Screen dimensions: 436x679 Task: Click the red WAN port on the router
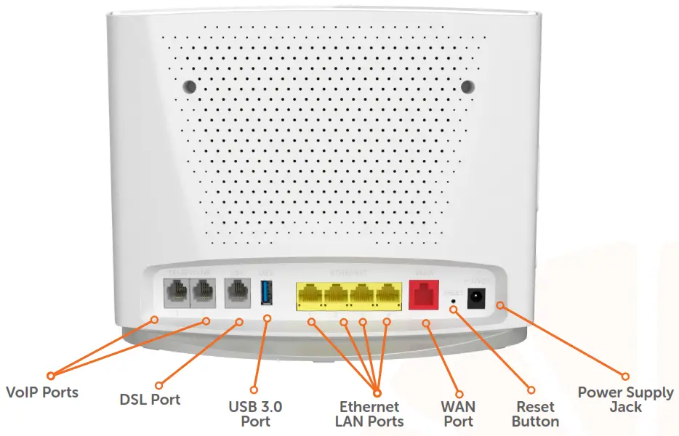(422, 296)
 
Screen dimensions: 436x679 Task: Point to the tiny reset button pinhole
(454, 299)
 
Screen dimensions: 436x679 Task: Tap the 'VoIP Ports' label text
(41, 392)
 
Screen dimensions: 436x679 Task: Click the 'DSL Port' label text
(150, 399)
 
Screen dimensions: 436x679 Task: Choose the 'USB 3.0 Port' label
(255, 413)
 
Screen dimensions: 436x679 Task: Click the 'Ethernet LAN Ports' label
(369, 413)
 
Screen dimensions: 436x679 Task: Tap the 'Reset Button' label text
(535, 413)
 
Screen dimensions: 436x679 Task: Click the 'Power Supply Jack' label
(625, 399)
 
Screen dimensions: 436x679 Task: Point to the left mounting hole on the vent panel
(189, 85)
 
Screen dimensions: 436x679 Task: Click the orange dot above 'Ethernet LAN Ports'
(377, 390)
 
